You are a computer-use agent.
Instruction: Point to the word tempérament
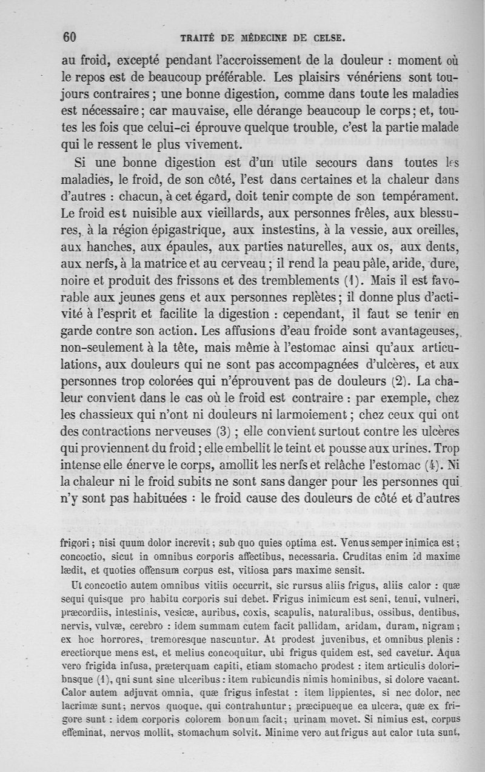(x=410, y=197)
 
